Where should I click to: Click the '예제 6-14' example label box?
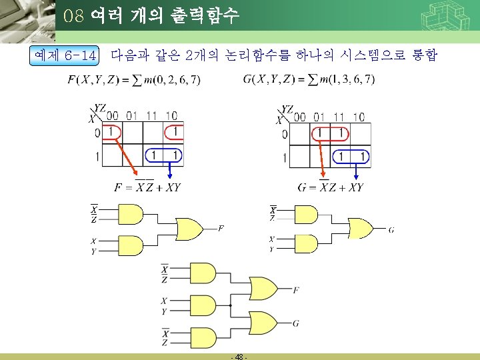pyautogui.click(x=65, y=56)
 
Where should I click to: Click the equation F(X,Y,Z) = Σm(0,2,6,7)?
pyautogui.click(x=134, y=81)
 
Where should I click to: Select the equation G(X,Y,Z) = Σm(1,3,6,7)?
pyautogui.click(x=309, y=80)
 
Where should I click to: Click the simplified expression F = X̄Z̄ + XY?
pyautogui.click(x=147, y=187)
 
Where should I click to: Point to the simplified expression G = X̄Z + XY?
pyautogui.click(x=332, y=187)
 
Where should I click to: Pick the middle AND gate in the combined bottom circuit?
pyautogui.click(x=203, y=306)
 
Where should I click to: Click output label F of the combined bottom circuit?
pyautogui.click(x=295, y=290)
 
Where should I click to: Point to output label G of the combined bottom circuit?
pyautogui.click(x=295, y=323)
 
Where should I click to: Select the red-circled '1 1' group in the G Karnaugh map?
pyautogui.click(x=330, y=133)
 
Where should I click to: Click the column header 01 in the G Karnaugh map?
pyautogui.click(x=319, y=117)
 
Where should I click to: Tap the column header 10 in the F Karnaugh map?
pyautogui.click(x=171, y=116)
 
